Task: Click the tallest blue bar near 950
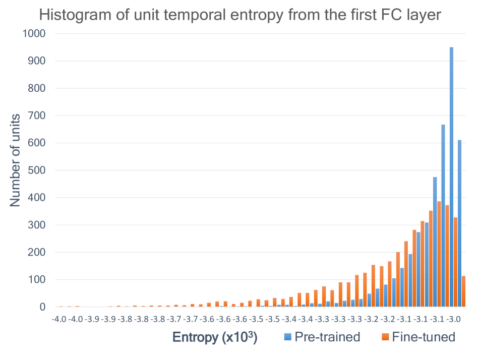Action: tap(451, 176)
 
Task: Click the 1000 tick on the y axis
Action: tap(34, 34)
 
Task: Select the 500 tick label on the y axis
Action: tap(37, 170)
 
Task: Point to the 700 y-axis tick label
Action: tap(37, 116)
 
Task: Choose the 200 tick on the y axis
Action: tap(37, 252)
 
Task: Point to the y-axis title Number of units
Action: tap(16, 160)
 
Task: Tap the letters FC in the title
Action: tap(388, 15)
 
